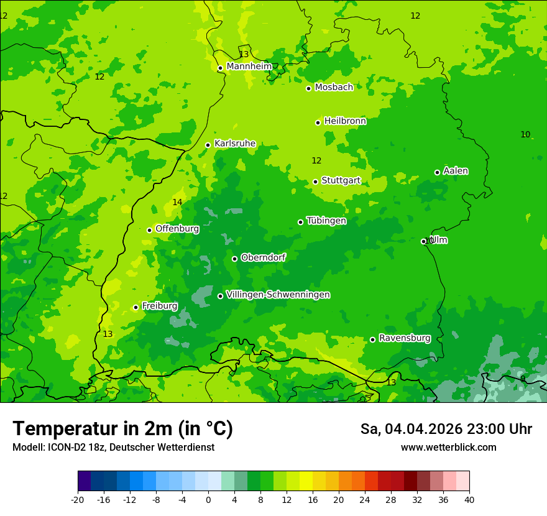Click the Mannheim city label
(249, 66)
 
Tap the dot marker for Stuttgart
(315, 182)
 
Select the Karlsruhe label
(234, 144)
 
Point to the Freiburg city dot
(136, 307)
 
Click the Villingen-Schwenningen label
(278, 295)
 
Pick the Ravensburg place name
(404, 338)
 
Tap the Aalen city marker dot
(437, 172)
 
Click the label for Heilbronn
(345, 121)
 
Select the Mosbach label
(334, 88)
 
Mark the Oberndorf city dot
(234, 259)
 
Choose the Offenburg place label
(177, 229)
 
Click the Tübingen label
(326, 221)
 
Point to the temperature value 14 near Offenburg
(177, 202)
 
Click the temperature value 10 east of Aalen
(525, 134)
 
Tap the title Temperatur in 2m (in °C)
(122, 428)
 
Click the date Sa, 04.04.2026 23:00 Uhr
(446, 429)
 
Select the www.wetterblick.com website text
(448, 447)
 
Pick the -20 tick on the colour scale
(78, 499)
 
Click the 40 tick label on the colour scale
(469, 499)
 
